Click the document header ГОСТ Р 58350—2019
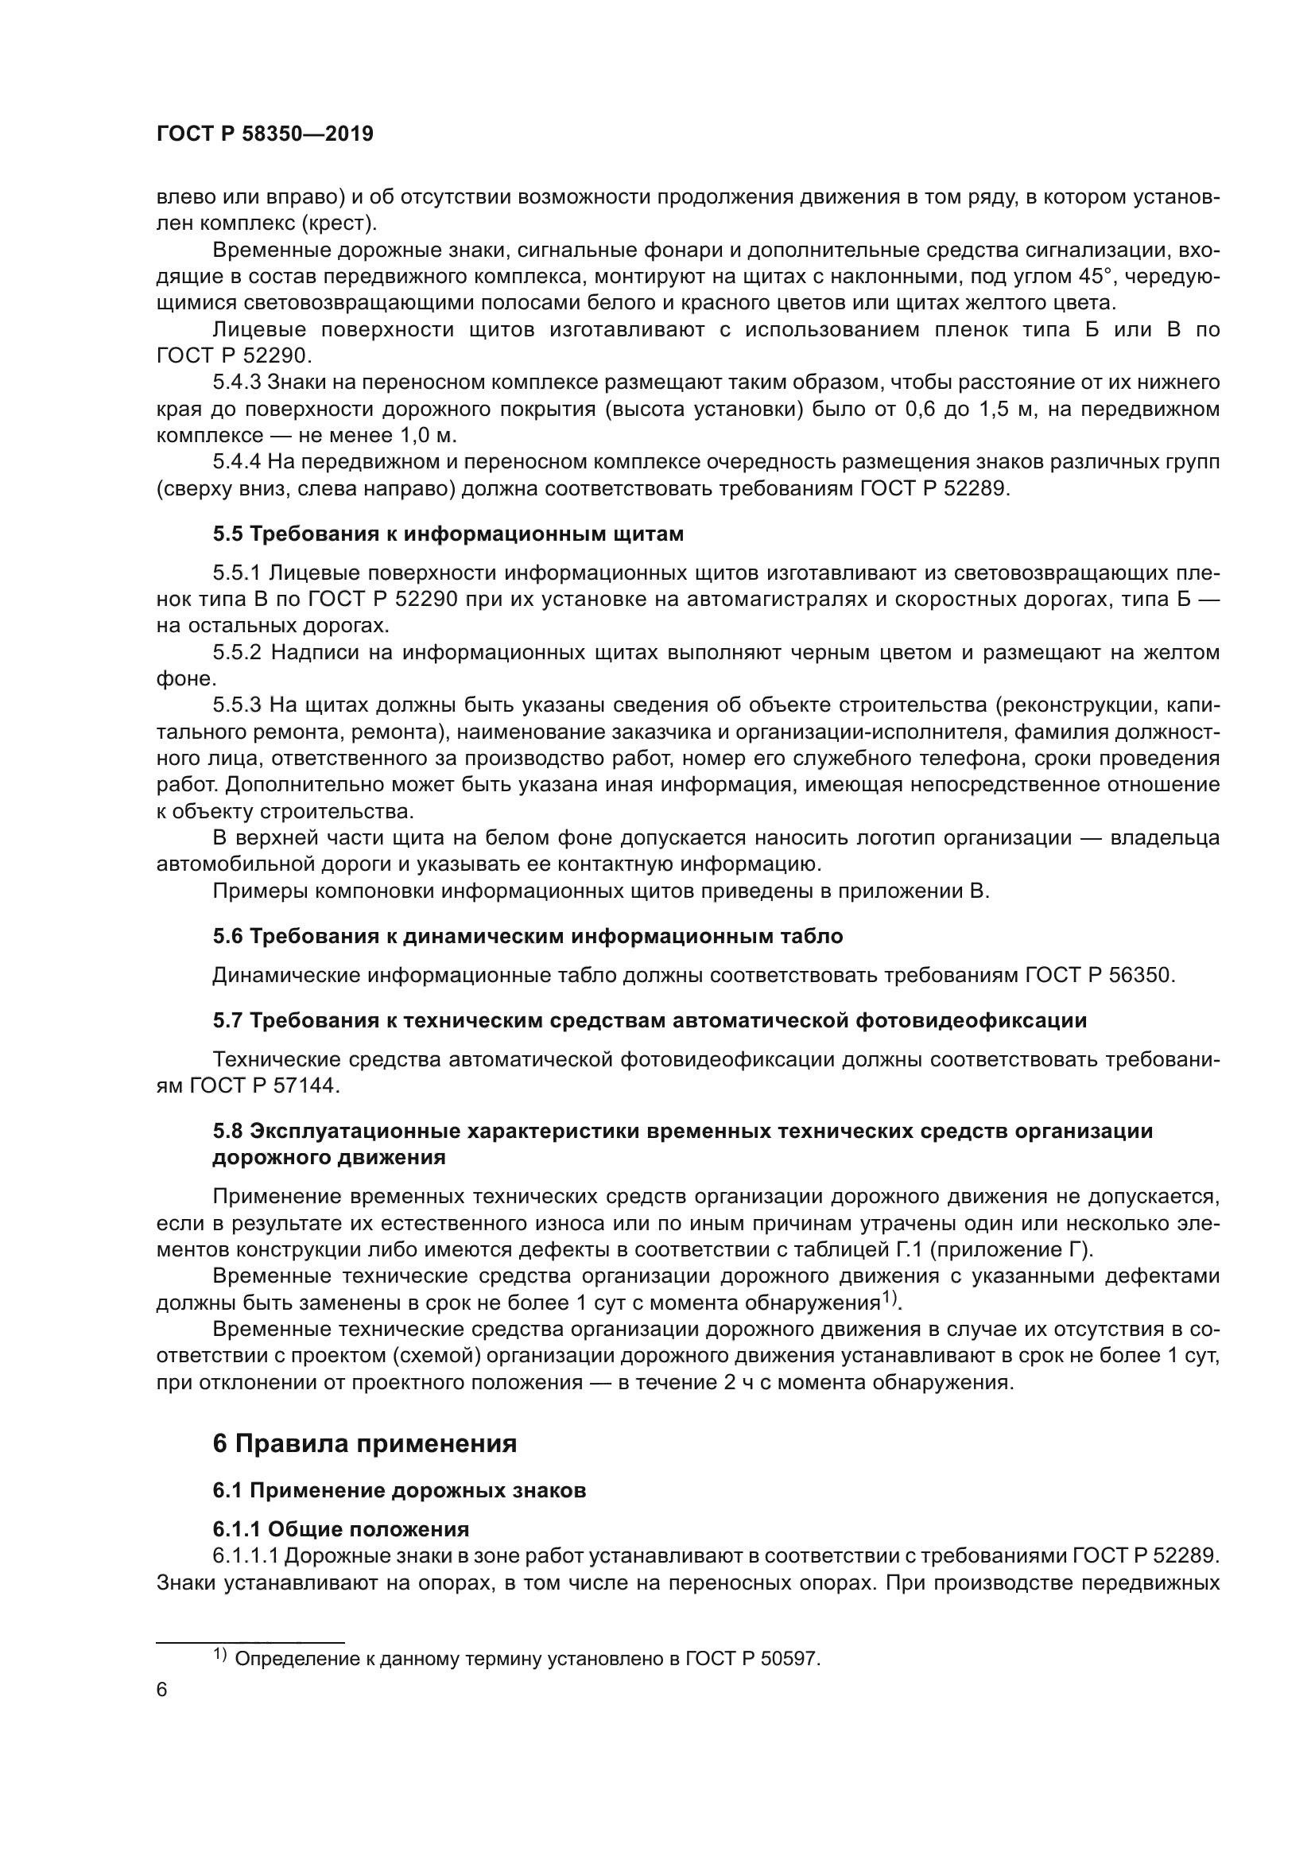[265, 134]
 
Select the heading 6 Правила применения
[364, 1443]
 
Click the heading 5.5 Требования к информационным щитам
[448, 534]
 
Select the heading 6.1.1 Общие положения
[341, 1528]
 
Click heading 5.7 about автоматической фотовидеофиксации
[650, 1020]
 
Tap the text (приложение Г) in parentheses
[1010, 1249]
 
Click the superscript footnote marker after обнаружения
[890, 1298]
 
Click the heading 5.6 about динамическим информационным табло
[527, 936]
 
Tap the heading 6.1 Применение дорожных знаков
[399, 1489]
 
